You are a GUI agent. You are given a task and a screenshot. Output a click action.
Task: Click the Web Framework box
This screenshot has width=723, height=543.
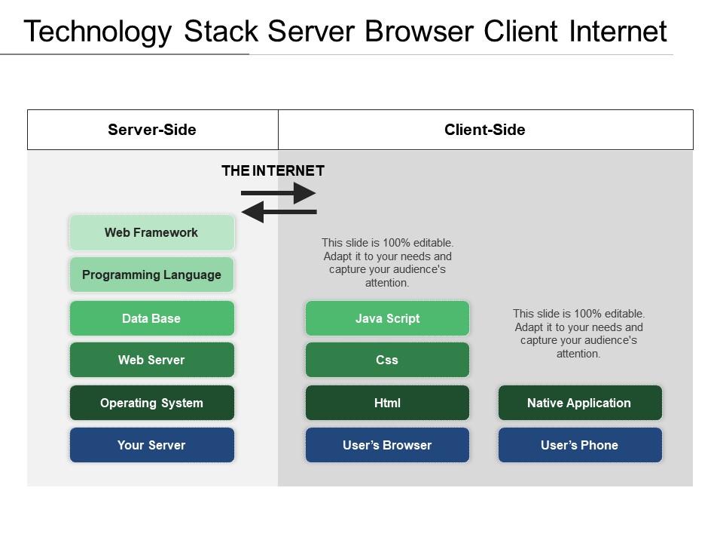pos(151,232)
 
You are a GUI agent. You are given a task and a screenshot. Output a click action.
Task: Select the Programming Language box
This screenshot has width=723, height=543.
pos(151,275)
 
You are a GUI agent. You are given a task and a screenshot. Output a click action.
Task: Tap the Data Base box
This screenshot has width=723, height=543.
pos(151,318)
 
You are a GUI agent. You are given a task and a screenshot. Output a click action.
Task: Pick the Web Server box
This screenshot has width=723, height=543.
pos(151,360)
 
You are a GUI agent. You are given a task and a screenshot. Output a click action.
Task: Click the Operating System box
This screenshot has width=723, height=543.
pos(151,403)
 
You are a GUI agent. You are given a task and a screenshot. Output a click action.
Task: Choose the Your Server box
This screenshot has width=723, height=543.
pos(151,445)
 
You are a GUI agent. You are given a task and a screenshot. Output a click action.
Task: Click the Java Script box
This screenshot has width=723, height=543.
pos(387,318)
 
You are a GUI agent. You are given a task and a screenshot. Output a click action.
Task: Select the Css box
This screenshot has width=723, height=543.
pos(387,360)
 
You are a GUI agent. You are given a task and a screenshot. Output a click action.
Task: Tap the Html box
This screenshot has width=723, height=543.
pos(387,403)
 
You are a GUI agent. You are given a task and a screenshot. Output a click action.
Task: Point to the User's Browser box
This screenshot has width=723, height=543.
pos(387,445)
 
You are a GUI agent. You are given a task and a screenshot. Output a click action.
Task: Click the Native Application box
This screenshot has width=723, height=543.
pos(579,403)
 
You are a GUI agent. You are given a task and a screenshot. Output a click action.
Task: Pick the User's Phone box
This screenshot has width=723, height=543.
pos(579,445)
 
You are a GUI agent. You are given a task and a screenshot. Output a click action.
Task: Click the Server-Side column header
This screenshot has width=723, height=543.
pos(152,130)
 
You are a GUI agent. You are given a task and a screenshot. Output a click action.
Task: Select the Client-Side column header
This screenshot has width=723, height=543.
pos(485,130)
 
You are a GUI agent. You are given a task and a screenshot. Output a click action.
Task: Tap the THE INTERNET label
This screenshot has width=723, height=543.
pos(273,170)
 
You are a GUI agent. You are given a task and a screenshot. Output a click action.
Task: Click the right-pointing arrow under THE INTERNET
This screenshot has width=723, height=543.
pos(279,193)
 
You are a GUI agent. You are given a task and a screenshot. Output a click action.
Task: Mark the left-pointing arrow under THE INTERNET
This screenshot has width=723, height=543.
pos(279,213)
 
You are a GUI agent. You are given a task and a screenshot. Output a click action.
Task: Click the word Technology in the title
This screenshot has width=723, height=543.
pos(97,32)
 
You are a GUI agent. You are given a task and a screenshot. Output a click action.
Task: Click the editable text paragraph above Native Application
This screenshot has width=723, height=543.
pos(579,333)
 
